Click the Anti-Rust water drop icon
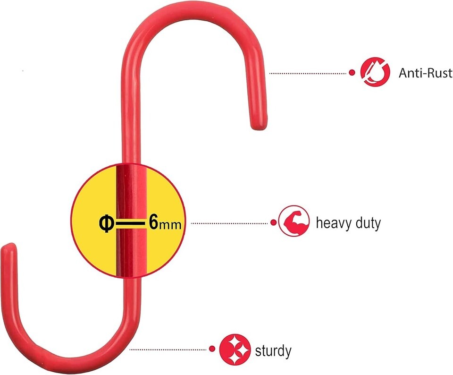(375, 72)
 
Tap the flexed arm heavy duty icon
(294, 221)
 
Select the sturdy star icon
(235, 349)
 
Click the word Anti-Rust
(426, 73)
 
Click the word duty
(369, 223)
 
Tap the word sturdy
(273, 351)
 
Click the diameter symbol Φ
(106, 224)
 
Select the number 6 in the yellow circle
(154, 222)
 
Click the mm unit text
(170, 225)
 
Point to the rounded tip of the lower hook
(8, 247)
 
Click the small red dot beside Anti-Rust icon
(352, 72)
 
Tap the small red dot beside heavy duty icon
(273, 222)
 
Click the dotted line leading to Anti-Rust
(308, 73)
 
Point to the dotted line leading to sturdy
(168, 349)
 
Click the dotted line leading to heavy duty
(230, 223)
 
